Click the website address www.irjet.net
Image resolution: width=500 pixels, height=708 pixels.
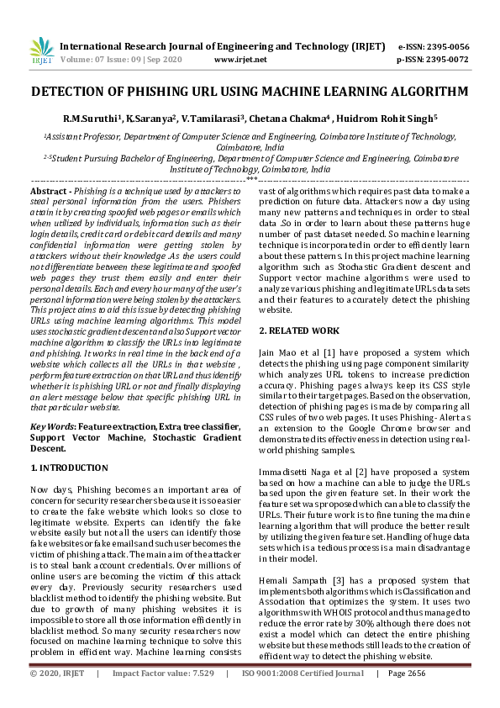(240, 60)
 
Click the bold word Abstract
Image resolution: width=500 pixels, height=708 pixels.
(49, 192)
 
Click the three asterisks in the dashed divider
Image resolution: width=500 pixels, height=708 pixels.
(251, 177)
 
